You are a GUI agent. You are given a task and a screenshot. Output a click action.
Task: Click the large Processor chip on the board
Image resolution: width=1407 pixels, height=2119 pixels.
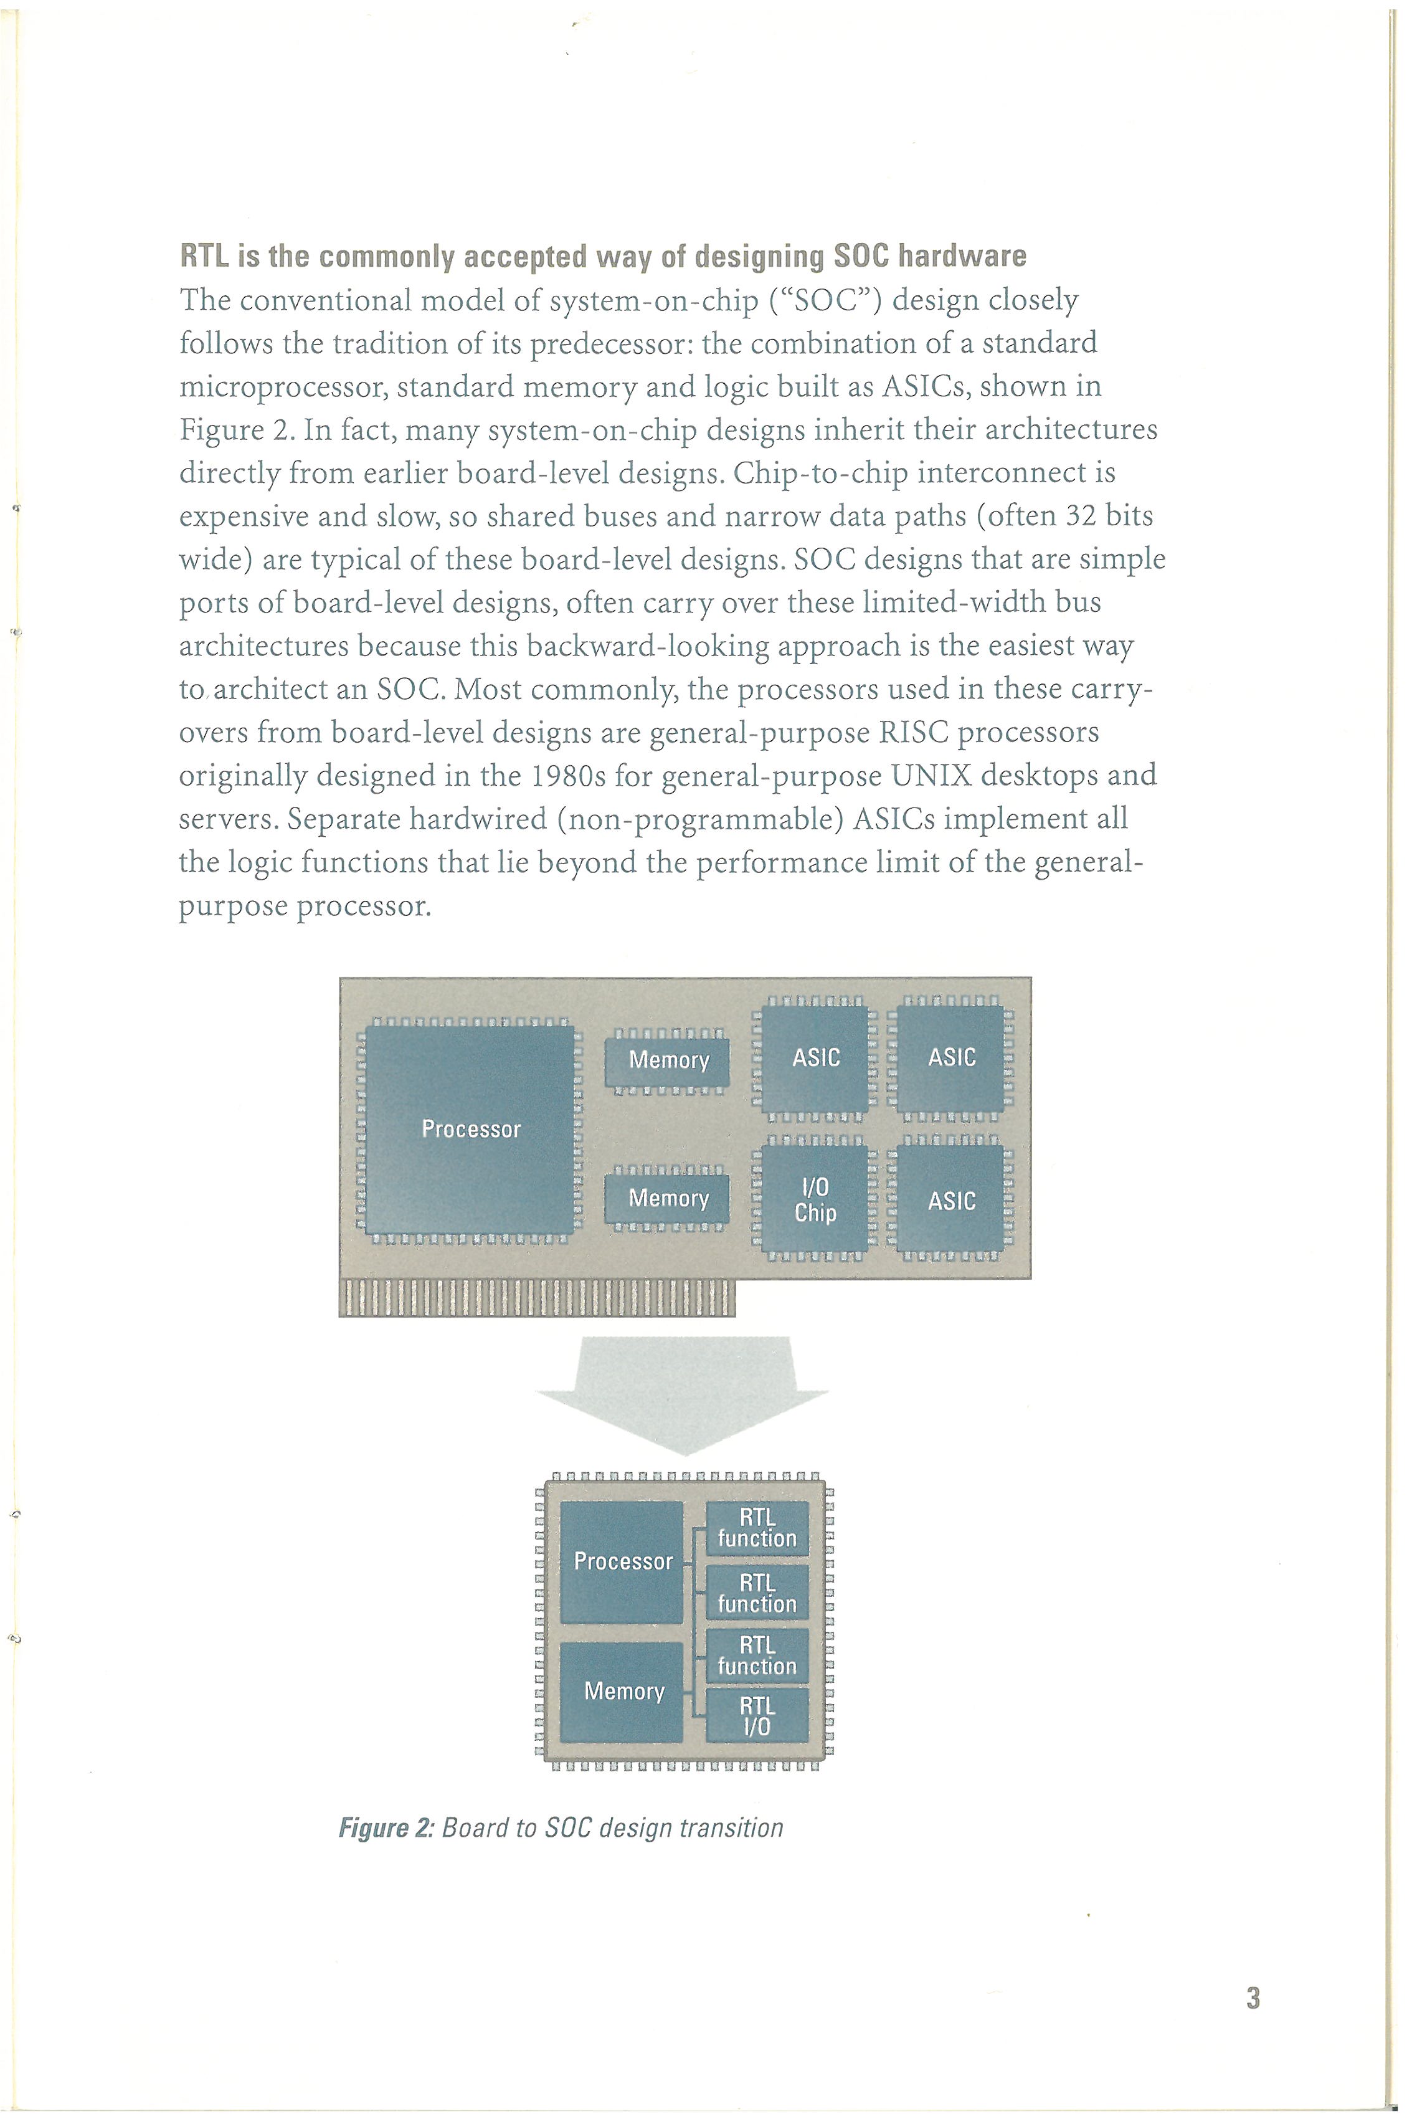coord(471,1129)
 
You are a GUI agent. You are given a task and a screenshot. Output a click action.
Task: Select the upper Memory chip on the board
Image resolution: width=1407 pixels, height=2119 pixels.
coord(668,1061)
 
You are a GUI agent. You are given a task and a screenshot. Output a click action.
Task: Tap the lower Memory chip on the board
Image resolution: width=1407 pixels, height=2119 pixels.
coord(668,1199)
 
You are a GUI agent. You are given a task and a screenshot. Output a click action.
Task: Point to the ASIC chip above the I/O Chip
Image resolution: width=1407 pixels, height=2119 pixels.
coord(815,1058)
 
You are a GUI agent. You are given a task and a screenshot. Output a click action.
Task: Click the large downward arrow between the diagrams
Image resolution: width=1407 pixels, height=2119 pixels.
coord(683,1396)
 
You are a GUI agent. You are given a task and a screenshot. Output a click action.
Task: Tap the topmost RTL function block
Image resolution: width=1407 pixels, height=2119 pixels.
coord(757,1528)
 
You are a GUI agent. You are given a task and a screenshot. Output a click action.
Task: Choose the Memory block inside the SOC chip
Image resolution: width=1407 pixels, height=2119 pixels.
coord(622,1692)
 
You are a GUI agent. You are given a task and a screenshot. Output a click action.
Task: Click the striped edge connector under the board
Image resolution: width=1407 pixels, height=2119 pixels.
coord(537,1298)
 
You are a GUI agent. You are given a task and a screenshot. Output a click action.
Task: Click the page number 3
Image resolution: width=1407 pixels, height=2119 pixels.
coord(1253,1999)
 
